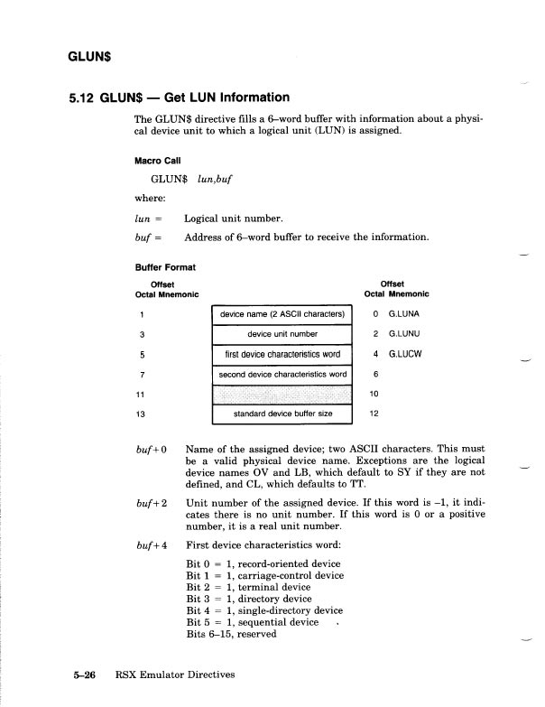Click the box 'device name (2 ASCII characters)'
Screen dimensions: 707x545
(x=282, y=314)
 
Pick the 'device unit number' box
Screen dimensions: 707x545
(x=282, y=334)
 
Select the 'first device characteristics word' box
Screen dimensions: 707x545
(x=282, y=354)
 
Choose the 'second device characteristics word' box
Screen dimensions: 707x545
(x=282, y=374)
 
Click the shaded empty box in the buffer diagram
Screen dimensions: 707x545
(x=282, y=395)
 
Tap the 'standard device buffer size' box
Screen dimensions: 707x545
(x=282, y=414)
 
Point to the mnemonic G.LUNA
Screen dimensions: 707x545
(x=403, y=314)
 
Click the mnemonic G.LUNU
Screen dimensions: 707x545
(x=403, y=334)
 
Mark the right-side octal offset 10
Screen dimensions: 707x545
(x=375, y=395)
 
